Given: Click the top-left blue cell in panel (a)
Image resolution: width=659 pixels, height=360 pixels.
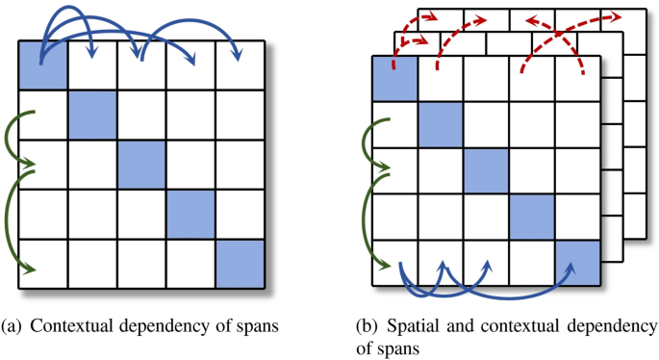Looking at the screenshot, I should click(x=43, y=66).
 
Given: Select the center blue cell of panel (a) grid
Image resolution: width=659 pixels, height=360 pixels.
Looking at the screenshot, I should click(x=141, y=165).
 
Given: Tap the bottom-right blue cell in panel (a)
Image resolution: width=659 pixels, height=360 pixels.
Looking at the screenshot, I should click(x=239, y=263).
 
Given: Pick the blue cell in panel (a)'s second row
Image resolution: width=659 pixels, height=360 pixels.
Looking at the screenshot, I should click(x=92, y=116).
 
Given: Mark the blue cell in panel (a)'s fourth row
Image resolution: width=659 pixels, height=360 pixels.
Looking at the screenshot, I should click(x=190, y=214).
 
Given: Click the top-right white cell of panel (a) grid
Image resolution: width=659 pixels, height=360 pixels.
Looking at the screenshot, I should click(x=239, y=66).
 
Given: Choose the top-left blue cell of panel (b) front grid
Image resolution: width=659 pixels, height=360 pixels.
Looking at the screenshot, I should click(x=393, y=78).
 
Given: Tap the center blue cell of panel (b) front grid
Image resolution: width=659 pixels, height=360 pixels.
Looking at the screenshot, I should click(x=486, y=171).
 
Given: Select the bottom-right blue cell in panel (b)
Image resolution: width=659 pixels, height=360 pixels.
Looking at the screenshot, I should click(x=577, y=264).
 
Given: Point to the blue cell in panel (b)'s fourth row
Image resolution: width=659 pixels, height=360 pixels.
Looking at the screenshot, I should click(x=532, y=218).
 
